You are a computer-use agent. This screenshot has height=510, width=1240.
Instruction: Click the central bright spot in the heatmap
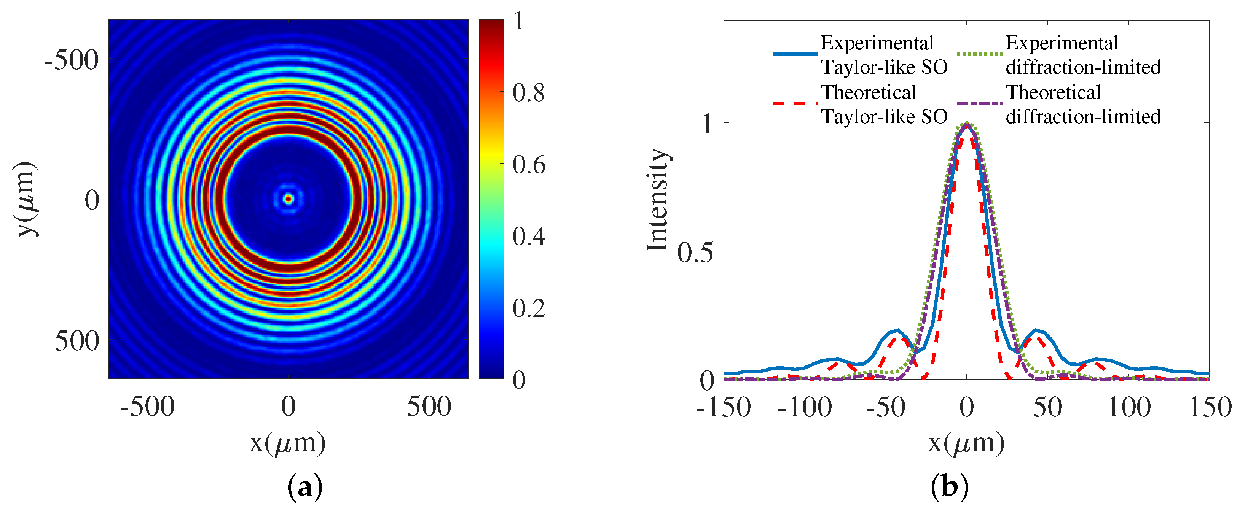[x=288, y=198]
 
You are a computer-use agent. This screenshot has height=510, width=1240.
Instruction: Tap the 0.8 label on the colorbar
[x=528, y=93]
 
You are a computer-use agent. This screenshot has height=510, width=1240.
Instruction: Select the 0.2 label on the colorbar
[x=528, y=308]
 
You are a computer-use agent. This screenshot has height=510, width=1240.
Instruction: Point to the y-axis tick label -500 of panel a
[x=72, y=60]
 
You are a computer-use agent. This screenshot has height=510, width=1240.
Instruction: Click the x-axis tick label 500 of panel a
[x=429, y=407]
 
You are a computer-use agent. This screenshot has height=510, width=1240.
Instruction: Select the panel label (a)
[x=305, y=488]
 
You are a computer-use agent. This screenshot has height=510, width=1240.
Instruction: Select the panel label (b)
[x=950, y=488]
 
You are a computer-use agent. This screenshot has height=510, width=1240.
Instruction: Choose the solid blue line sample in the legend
[x=795, y=53]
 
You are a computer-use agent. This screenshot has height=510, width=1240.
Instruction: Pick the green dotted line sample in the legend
[x=980, y=53]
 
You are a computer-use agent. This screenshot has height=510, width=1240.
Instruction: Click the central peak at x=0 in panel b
[x=967, y=124]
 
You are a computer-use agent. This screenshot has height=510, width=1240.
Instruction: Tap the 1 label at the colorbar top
[x=518, y=21]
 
